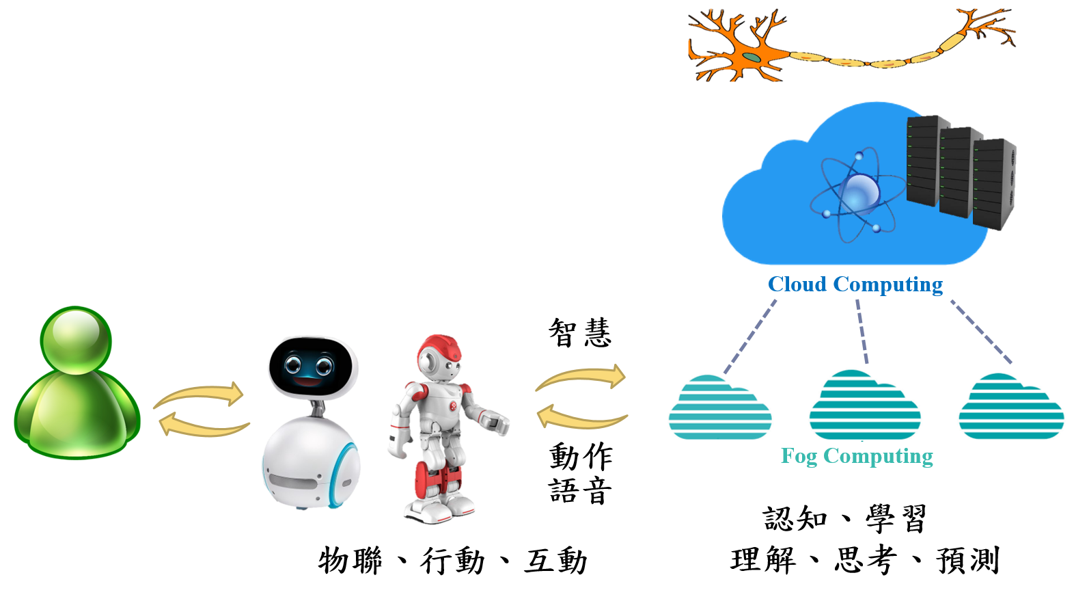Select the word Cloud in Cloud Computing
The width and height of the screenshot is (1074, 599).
[x=797, y=284]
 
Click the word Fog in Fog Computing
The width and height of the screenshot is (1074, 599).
[x=799, y=456]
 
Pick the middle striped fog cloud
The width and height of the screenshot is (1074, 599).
[x=864, y=406]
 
